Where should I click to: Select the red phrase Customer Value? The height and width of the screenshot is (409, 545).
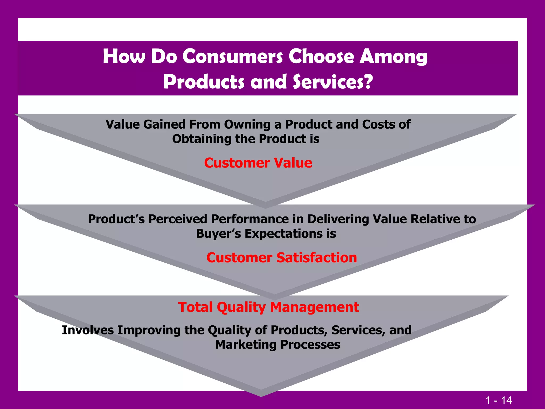click(x=258, y=163)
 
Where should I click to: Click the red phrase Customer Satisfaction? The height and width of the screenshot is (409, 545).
click(x=282, y=257)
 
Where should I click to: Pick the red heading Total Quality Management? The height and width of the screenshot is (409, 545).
click(x=269, y=307)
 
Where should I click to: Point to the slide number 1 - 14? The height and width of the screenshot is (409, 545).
click(x=498, y=400)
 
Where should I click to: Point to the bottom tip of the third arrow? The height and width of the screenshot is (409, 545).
click(x=261, y=396)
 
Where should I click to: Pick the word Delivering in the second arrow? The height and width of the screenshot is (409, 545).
click(x=338, y=219)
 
